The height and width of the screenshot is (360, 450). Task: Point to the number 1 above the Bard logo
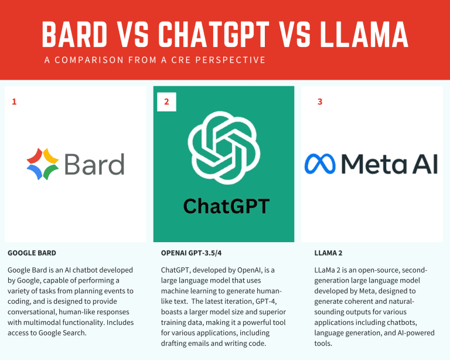point(14,101)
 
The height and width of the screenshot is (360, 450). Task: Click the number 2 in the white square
point(166,101)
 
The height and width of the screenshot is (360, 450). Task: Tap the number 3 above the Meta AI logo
point(319,101)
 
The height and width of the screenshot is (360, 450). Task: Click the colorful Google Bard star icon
point(42,164)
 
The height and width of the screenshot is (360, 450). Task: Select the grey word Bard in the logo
point(94,164)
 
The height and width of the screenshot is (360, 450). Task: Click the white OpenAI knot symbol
point(223,144)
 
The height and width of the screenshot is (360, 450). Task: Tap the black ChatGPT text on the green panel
point(226,206)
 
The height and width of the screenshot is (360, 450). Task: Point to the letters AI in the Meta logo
point(425,164)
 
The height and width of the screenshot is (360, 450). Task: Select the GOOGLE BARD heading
point(32,253)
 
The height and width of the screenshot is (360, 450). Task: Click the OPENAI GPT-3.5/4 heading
point(194,253)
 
